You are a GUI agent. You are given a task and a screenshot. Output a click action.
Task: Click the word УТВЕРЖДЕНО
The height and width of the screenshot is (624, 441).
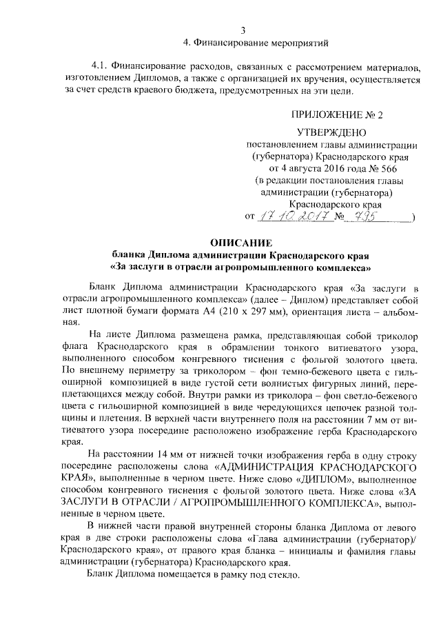pyautogui.click(x=330, y=132)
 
